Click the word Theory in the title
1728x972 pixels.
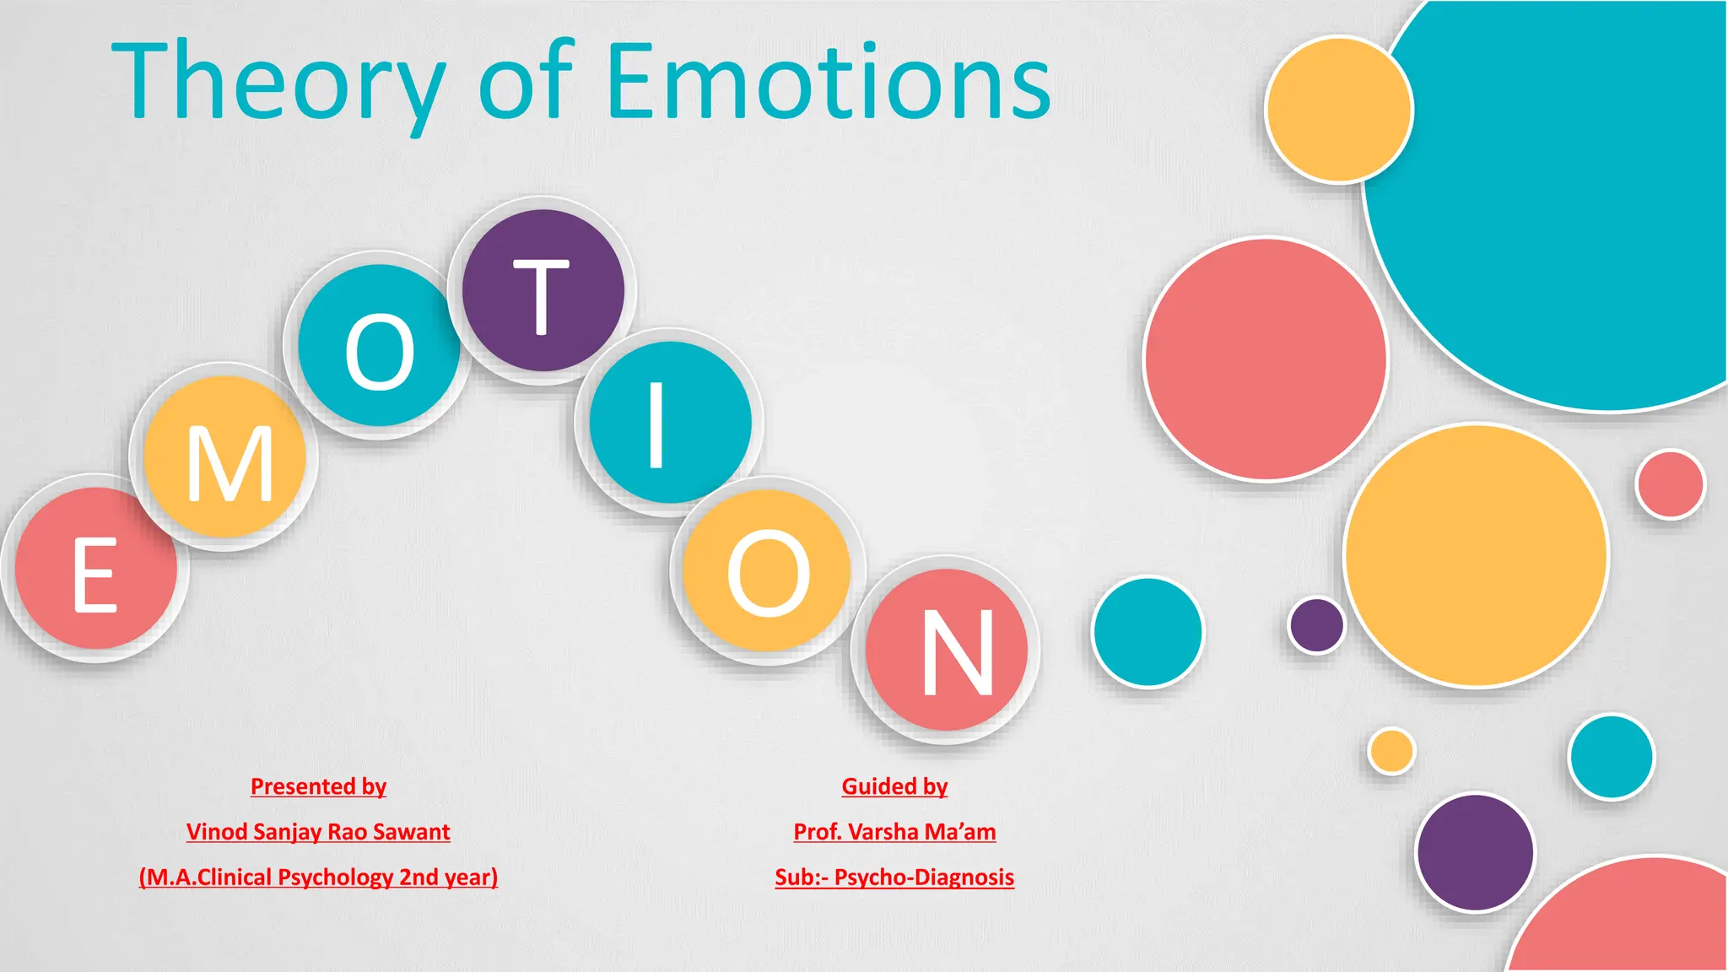click(x=278, y=83)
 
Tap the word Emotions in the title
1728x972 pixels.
click(x=829, y=83)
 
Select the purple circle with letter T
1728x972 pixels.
click(x=543, y=290)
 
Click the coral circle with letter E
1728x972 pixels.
click(x=96, y=569)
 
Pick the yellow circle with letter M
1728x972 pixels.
click(x=224, y=457)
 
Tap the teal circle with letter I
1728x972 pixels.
click(x=670, y=422)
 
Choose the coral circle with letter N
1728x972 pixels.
click(x=947, y=650)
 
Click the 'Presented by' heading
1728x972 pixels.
click(x=318, y=786)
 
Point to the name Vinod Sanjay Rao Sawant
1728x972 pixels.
click(x=318, y=832)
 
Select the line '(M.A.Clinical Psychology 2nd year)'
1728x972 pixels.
click(x=318, y=877)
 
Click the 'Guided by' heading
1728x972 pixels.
click(x=894, y=786)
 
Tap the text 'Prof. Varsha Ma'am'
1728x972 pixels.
click(x=894, y=832)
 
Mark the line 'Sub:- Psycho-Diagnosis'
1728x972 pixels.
click(x=894, y=877)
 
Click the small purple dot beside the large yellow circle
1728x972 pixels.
click(x=1316, y=625)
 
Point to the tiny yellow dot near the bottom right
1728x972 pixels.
click(x=1391, y=751)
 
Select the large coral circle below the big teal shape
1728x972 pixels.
click(x=1266, y=359)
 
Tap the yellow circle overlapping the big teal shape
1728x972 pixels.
click(x=1339, y=110)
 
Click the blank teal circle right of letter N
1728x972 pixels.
click(x=1147, y=632)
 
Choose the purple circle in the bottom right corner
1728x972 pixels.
click(x=1475, y=852)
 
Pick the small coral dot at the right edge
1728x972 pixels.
click(x=1670, y=484)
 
